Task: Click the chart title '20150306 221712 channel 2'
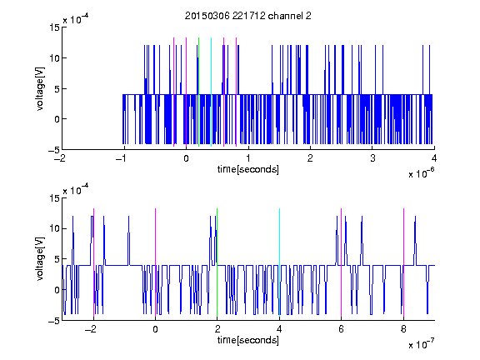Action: (248, 16)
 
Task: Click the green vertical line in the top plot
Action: (198, 92)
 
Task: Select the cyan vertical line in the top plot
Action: (211, 92)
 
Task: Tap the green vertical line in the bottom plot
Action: (217, 262)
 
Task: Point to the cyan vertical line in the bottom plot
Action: (279, 262)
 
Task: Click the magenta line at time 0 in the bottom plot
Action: (155, 262)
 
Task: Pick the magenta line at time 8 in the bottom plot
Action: (403, 262)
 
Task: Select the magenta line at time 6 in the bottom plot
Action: (341, 262)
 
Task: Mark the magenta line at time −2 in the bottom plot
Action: (93, 262)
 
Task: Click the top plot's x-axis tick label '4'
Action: (434, 158)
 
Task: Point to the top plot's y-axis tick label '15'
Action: (54, 27)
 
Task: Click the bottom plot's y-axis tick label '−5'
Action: (54, 321)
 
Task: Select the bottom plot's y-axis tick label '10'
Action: (54, 228)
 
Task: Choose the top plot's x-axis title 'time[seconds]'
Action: (248, 169)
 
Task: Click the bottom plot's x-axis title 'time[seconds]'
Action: (248, 340)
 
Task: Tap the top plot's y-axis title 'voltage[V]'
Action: (40, 89)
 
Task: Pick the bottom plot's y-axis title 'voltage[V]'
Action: (40, 259)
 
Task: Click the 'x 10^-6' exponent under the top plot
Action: (421, 173)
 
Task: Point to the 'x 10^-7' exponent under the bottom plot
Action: (421, 344)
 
